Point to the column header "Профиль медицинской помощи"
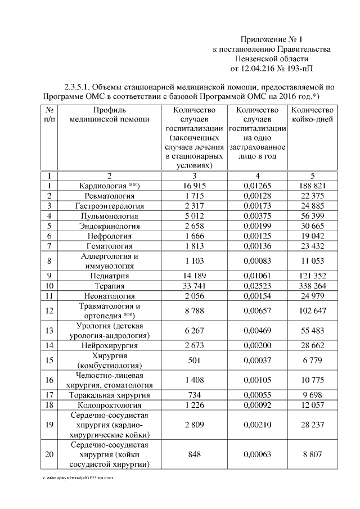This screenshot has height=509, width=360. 110,114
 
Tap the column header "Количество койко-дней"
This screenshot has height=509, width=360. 312,114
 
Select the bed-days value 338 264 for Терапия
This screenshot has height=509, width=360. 312,286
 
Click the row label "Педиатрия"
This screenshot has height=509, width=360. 110,276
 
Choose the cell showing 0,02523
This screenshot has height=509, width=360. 258,286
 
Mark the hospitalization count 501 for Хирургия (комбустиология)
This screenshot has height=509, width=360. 194,361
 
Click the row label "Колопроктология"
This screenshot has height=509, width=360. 110,405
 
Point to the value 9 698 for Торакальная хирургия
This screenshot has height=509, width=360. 312,395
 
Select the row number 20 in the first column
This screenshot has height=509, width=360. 50,454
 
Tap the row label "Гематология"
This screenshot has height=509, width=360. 110,246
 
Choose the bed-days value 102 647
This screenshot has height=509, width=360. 312,310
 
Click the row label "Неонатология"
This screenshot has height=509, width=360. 110,296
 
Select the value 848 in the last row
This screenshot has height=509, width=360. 194,454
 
